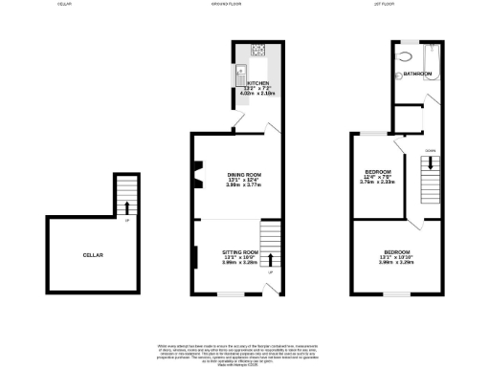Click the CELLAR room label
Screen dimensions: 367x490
tap(93, 255)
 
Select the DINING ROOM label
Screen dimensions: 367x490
tap(244, 174)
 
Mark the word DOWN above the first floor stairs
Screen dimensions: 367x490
tap(431, 150)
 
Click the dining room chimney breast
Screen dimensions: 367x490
tap(198, 174)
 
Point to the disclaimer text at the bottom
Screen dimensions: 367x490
tap(244, 350)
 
